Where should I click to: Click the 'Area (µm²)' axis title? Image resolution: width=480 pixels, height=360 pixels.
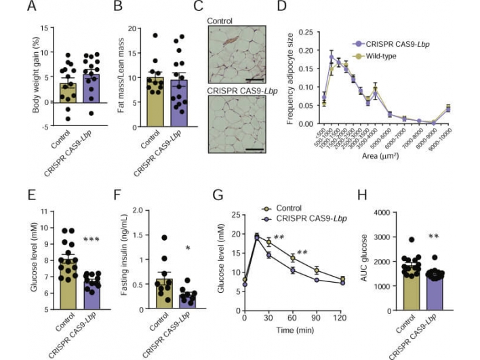point(379,155)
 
